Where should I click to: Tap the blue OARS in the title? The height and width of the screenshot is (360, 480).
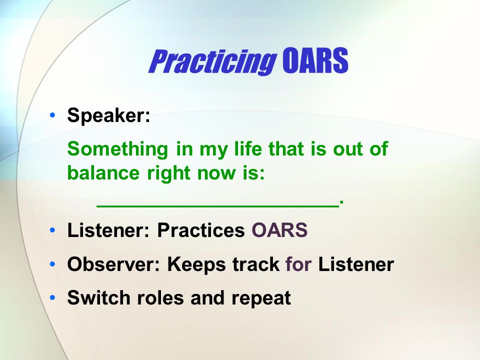(x=315, y=60)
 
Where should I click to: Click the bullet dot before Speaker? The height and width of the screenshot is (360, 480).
(x=52, y=115)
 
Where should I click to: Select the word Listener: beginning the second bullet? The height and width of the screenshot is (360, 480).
(x=108, y=230)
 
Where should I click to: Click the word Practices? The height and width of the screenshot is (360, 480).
(x=201, y=230)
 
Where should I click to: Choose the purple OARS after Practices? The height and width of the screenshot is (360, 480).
(x=279, y=230)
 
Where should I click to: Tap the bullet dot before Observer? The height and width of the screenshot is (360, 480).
(x=52, y=264)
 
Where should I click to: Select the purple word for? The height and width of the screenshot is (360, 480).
(x=298, y=264)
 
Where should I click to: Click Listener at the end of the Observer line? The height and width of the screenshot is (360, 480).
(x=356, y=264)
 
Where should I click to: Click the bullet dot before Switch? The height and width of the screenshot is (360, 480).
(x=52, y=297)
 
